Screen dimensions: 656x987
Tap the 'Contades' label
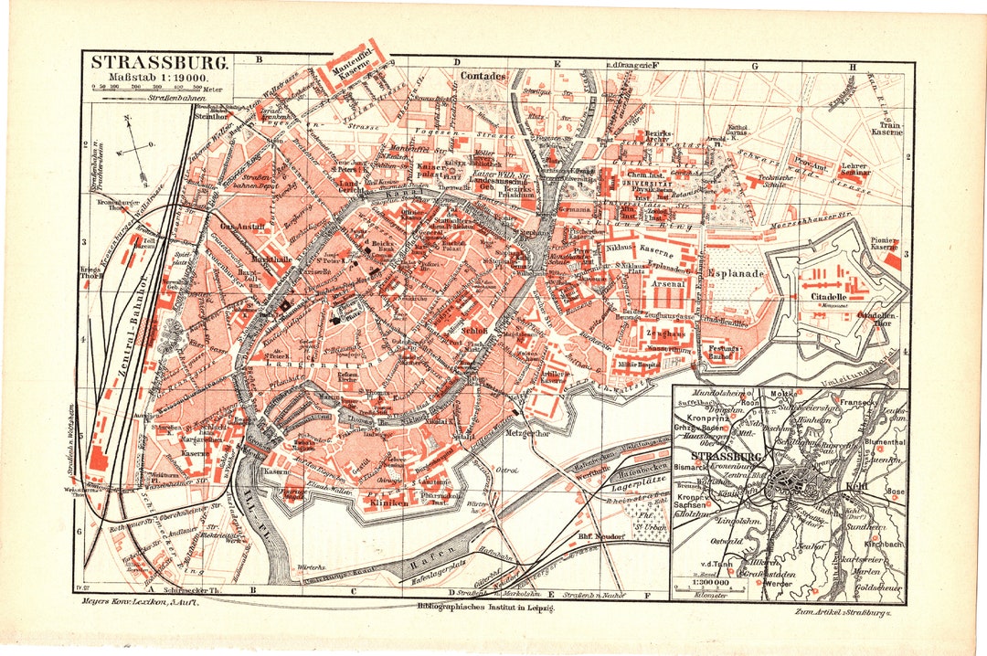(483, 77)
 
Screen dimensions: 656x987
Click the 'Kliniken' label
(391, 503)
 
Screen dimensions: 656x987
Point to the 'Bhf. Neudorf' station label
(600, 536)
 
